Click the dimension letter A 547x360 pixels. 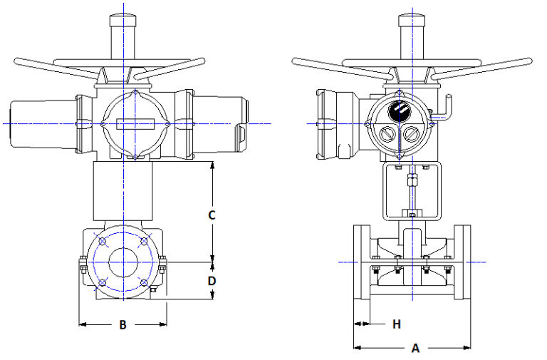(415, 349)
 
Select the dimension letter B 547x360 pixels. (123, 325)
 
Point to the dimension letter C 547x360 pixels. (212, 214)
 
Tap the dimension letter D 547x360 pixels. (212, 281)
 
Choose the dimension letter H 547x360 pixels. (396, 324)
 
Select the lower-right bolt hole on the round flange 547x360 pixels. (145, 283)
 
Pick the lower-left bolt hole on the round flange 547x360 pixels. (103, 283)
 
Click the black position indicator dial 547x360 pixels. (399, 113)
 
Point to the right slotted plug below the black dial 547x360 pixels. (411, 133)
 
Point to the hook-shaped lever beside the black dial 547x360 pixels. (446, 105)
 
